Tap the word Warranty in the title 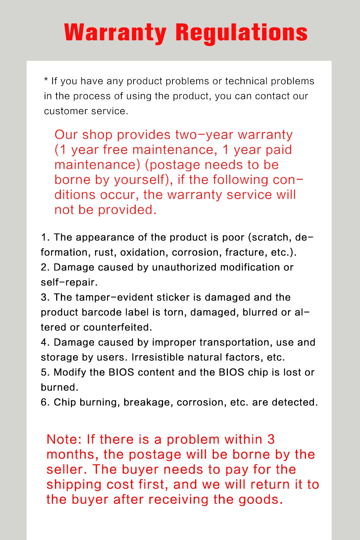click(115, 32)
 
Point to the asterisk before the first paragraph click(46, 80)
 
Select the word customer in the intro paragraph click(66, 111)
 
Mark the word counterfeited click(118, 327)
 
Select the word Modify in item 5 click(70, 372)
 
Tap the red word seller click(67, 469)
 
